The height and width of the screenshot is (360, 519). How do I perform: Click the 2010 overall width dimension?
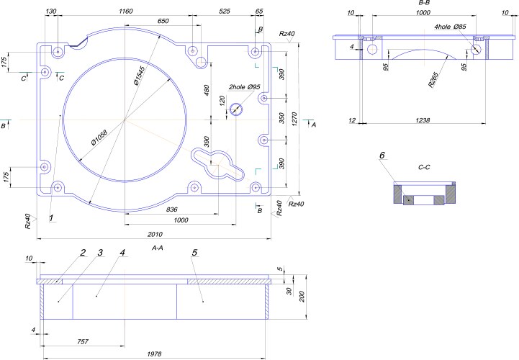(154, 234)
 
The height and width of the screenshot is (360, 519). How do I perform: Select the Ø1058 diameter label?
(101, 141)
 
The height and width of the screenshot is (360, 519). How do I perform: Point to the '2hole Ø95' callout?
(244, 87)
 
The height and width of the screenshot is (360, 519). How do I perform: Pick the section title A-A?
(159, 247)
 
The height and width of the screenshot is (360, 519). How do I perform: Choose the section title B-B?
(424, 4)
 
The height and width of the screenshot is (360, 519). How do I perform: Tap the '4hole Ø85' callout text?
(450, 27)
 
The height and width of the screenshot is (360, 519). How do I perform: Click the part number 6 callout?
(382, 156)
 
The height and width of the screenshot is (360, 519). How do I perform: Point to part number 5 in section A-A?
(194, 253)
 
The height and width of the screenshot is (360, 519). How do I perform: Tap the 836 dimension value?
(171, 209)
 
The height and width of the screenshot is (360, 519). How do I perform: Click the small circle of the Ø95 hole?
(236, 109)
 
